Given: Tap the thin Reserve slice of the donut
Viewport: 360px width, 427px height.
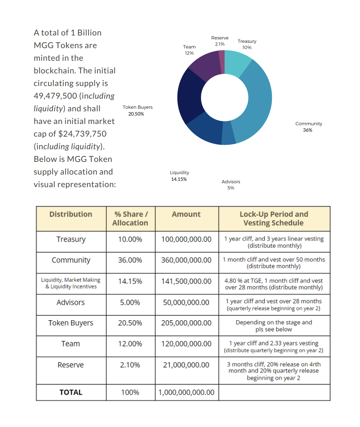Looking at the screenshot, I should pos(222,62).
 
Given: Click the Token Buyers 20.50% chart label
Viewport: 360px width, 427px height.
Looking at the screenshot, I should pos(137,110).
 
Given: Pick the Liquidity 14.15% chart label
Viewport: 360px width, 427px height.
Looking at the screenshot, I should pos(179,176).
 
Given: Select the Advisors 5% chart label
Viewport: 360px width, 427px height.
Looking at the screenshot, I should pos(231,185).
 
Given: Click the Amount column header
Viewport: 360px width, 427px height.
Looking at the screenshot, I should pos(186,214).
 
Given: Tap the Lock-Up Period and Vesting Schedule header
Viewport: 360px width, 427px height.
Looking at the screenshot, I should pos(274,218).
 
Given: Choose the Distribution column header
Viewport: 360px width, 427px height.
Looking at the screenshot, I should pos(71,214).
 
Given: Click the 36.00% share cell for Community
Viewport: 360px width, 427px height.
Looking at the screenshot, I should pos(130,260).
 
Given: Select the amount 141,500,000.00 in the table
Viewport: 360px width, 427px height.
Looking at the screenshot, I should pos(186,281).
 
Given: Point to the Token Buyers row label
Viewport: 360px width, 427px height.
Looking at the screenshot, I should pos(71,323).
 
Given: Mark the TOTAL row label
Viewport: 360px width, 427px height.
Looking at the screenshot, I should pos(71,393).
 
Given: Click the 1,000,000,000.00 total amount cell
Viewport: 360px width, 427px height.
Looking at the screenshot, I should pos(186,393).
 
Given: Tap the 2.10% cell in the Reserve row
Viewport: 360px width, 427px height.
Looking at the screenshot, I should pos(130,365).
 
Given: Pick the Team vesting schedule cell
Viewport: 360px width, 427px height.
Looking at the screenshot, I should pos(274,347).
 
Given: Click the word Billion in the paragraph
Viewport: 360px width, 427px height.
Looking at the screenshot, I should pos(89,33).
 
